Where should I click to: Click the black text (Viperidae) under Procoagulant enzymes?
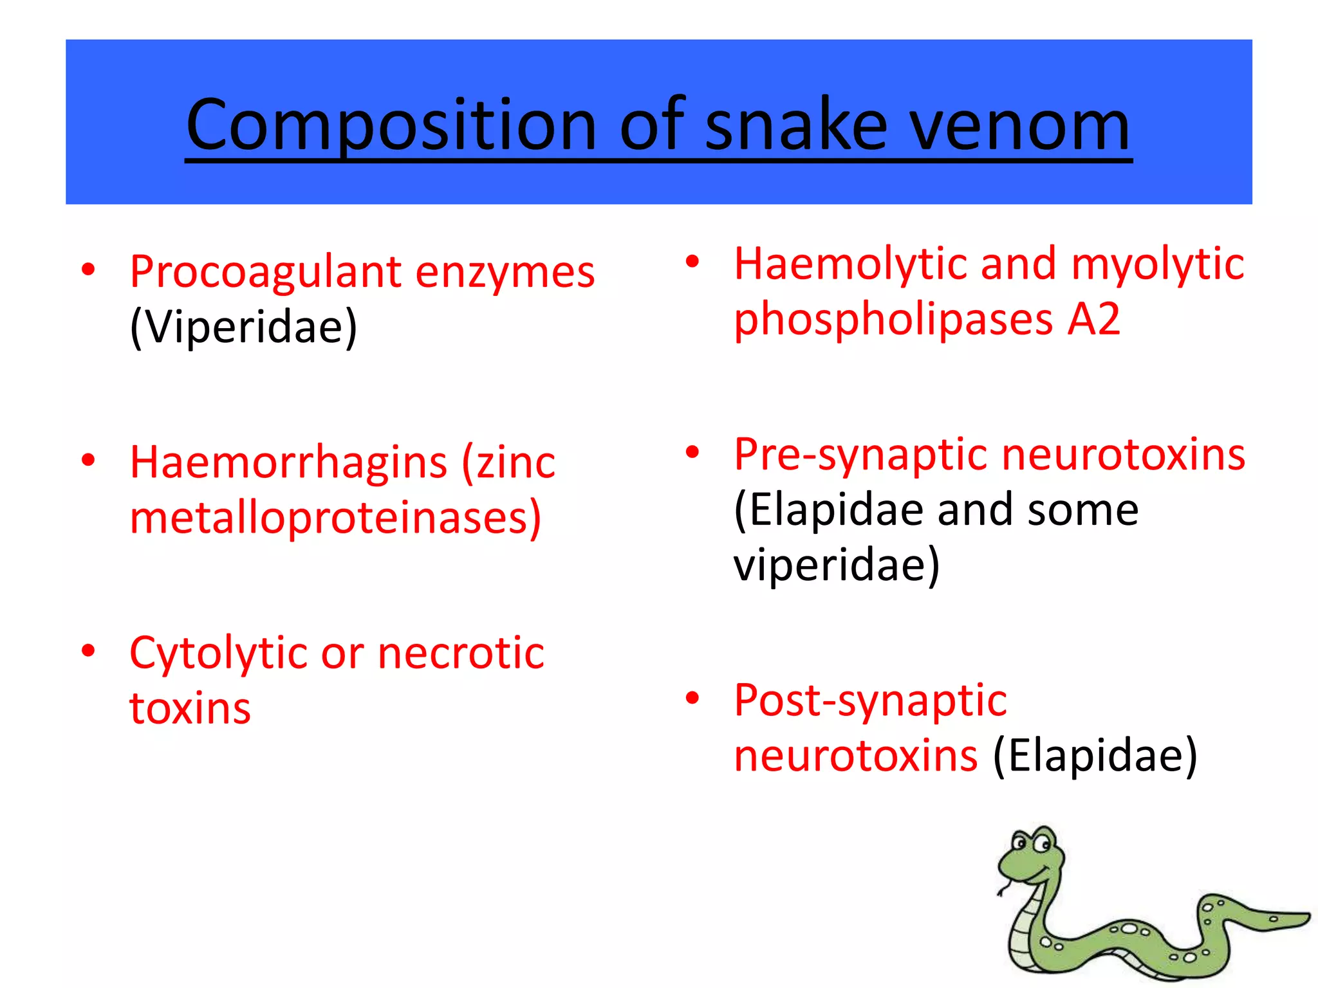coord(243,327)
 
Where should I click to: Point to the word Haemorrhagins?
coord(288,463)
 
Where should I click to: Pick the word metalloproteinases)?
coord(335,518)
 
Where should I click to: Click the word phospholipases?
coord(894,320)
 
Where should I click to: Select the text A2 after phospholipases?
coord(1093,320)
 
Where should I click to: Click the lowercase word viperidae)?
coord(837,565)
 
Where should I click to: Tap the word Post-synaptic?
coord(870,700)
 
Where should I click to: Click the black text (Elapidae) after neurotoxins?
coord(1095,756)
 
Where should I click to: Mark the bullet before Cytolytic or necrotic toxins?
coord(89,650)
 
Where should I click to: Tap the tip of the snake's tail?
coord(1306,916)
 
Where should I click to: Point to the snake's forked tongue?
coord(1002,890)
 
